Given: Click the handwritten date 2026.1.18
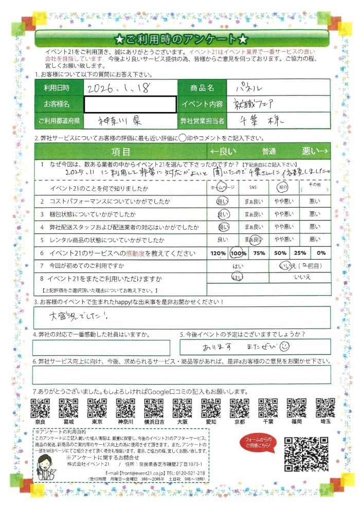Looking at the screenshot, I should coord(118,88).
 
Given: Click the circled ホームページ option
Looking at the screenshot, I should coord(223,188).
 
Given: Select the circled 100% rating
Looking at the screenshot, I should coord(239,253).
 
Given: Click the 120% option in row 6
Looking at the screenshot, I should coord(218,253).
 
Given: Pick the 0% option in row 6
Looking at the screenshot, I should coord(321,253).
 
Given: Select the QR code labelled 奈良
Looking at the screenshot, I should coord(40,408).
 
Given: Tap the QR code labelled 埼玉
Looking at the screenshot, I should coord(325,408).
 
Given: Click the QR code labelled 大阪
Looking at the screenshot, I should coord(182,408).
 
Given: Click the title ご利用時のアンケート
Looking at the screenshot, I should coord(182,39).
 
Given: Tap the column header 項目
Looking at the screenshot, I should coord(120,152).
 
